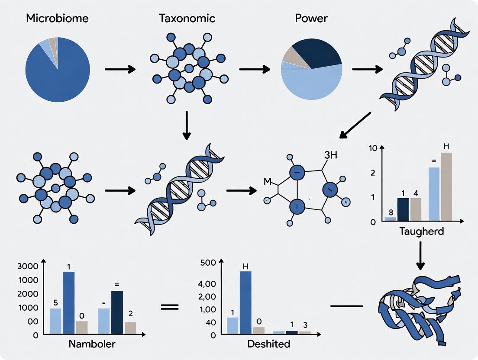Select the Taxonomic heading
187,19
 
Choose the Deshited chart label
268,345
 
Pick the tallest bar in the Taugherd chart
446,186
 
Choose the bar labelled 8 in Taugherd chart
390,219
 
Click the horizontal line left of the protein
346,306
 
